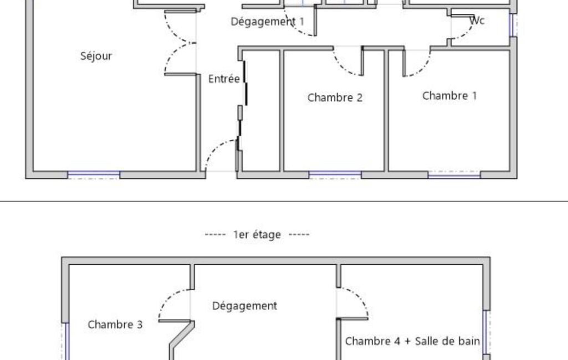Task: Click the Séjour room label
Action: tap(96, 56)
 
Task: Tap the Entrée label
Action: tap(224, 79)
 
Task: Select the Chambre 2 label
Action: tap(335, 98)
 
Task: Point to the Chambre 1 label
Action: tap(449, 96)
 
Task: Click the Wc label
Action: tap(477, 21)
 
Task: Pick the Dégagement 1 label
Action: tap(268, 22)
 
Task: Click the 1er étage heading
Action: tap(258, 235)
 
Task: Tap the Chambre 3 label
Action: tap(115, 325)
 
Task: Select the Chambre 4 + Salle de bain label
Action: tap(412, 341)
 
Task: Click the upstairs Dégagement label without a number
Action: tap(244, 306)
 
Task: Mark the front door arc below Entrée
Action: tap(217, 150)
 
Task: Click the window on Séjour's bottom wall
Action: tap(94, 175)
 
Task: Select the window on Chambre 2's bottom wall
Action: tap(335, 175)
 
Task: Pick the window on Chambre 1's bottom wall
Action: tap(454, 175)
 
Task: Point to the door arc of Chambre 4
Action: tap(358, 299)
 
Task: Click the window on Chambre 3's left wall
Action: tap(66, 341)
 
